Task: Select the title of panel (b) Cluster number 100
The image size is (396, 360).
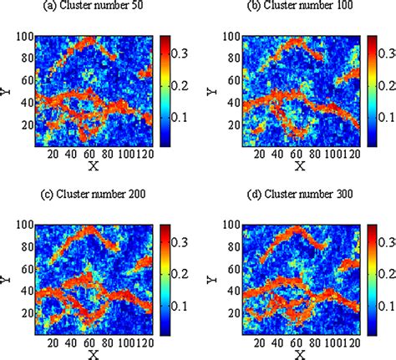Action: [x=292, y=8]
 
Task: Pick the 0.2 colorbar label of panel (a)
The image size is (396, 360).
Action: [x=183, y=86]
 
